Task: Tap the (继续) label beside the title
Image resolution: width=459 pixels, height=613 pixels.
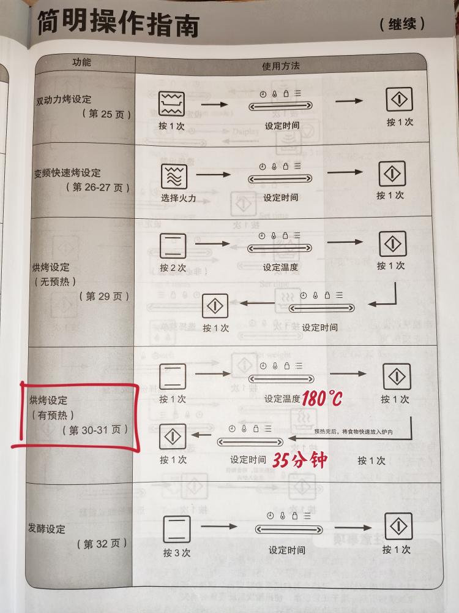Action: point(401,25)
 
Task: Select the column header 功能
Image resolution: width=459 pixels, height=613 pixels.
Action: point(81,63)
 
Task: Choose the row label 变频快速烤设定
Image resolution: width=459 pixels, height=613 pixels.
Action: point(67,173)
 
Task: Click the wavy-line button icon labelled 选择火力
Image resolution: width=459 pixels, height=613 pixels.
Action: point(173,176)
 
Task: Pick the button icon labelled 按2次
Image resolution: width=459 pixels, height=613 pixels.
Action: point(173,245)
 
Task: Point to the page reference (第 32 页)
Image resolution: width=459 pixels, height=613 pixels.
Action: point(102,544)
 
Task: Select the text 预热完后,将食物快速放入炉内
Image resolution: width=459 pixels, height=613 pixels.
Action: point(353,432)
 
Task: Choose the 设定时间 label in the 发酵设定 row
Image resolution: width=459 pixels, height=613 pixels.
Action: point(286,550)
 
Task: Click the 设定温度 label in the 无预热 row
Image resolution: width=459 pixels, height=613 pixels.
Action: point(280,267)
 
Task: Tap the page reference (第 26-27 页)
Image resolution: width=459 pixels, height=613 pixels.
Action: point(97,187)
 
